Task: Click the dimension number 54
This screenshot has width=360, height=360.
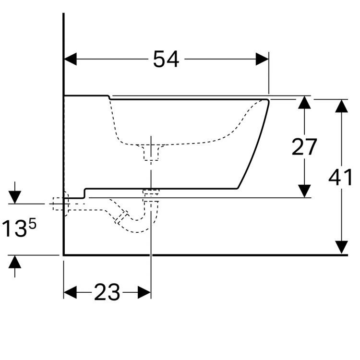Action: click(166, 59)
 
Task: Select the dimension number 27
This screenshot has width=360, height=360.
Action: click(304, 147)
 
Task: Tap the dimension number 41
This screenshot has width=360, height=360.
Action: click(340, 177)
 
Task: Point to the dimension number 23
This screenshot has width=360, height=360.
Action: click(107, 292)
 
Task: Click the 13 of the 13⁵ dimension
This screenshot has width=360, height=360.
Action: click(14, 228)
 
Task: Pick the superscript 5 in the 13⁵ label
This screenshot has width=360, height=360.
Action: click(33, 224)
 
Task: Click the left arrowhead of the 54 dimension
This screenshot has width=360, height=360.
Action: click(70, 59)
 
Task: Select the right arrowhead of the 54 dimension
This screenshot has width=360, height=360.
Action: click(262, 59)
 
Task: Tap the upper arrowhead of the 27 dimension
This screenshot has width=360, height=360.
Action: click(304, 102)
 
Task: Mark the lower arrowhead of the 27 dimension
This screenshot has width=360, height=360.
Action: click(304, 191)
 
